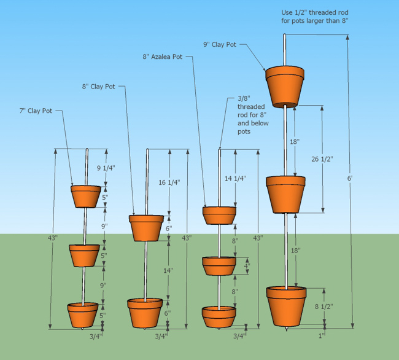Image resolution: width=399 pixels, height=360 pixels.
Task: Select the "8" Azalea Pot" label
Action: point(162,57)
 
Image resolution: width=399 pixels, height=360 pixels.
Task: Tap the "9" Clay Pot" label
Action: point(220,44)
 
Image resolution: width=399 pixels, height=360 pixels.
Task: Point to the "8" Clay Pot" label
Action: point(98,87)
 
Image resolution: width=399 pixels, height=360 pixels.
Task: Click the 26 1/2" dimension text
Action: point(322,159)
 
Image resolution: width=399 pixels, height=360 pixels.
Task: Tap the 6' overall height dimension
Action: point(349,178)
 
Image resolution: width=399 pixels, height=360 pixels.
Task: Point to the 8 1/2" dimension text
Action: point(323,307)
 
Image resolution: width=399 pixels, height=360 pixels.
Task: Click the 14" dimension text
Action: point(168,270)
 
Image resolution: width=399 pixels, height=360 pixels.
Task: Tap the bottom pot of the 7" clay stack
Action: point(83,315)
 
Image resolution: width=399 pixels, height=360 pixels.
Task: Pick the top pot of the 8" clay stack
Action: point(147,227)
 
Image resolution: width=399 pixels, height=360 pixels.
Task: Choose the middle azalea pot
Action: point(219,265)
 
